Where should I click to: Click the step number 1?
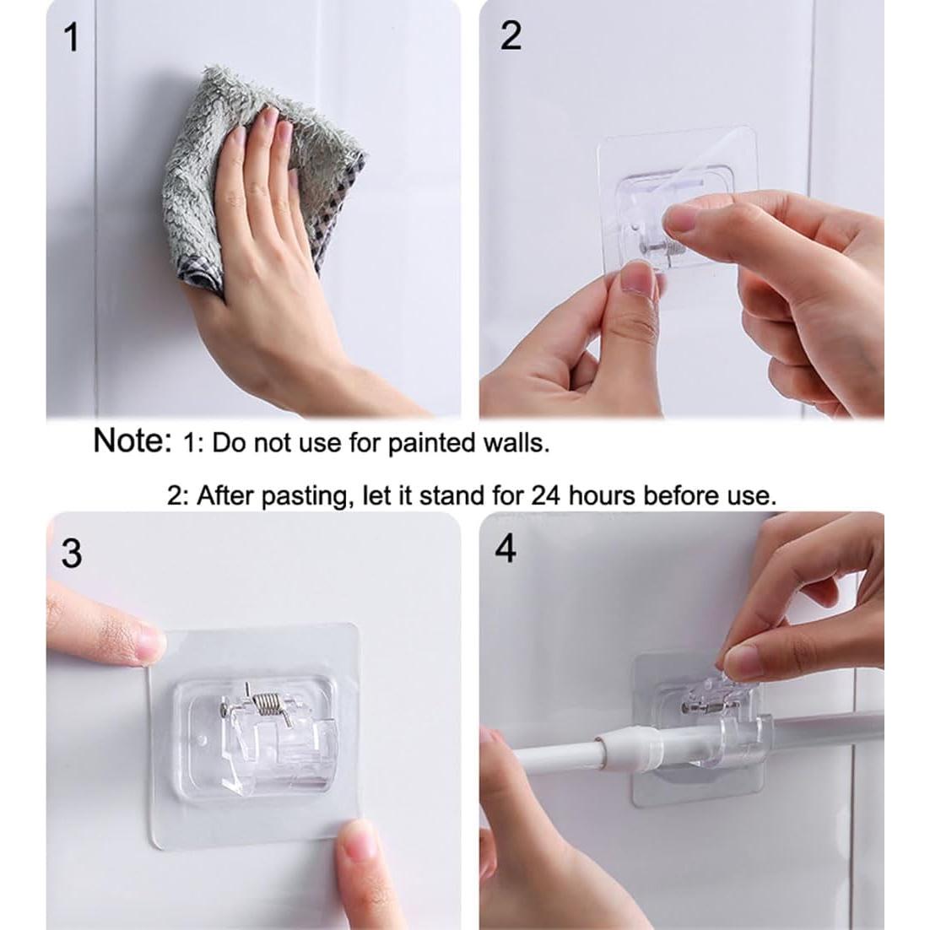point(71,37)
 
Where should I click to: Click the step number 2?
point(511,35)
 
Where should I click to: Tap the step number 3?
point(72,554)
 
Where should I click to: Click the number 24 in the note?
point(545,495)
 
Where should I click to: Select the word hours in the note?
point(603,495)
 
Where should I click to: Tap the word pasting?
point(305,496)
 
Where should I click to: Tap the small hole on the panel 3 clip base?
point(203,742)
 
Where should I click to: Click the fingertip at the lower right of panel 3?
point(357,840)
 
